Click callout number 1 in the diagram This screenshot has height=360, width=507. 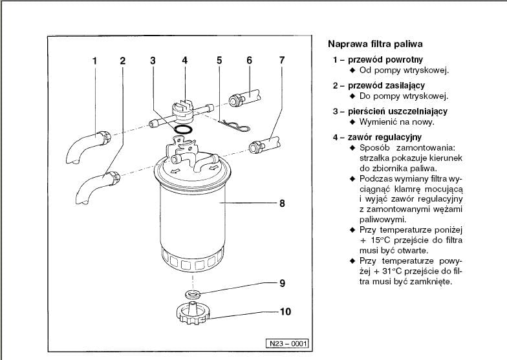click(x=94, y=61)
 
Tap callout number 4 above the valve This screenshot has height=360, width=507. click(x=184, y=61)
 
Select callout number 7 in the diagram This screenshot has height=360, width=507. click(x=281, y=61)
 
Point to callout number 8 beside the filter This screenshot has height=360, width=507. click(x=282, y=203)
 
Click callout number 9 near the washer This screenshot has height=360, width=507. click(x=282, y=283)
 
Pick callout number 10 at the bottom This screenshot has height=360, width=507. click(x=285, y=312)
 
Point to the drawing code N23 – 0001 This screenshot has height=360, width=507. click(x=285, y=343)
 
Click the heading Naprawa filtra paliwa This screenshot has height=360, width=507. click(x=375, y=45)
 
